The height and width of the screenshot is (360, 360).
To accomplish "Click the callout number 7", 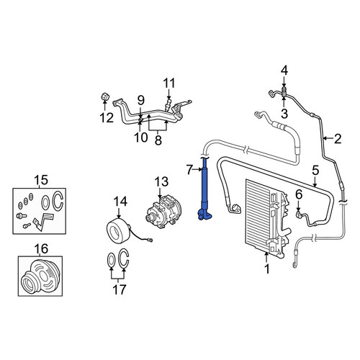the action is [189, 170].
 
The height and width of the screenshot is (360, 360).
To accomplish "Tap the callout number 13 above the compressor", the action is [161, 182].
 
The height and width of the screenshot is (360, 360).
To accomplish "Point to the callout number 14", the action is [120, 202].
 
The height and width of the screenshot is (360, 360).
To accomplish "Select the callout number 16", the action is [41, 248].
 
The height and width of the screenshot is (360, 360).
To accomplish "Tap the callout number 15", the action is [41, 180].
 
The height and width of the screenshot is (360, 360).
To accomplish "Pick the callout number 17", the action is [120, 289].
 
